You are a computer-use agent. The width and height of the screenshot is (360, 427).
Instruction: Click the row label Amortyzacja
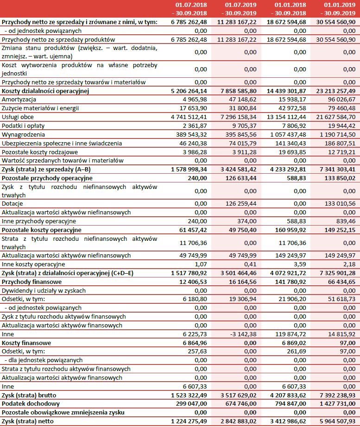click(x=19, y=100)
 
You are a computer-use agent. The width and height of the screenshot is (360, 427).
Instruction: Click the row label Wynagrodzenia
click(x=22, y=135)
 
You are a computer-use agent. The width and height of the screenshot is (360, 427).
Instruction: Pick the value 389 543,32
click(x=189, y=135)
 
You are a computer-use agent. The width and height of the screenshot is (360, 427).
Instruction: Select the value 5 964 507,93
click(x=334, y=421)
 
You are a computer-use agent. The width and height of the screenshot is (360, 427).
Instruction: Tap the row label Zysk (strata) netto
click(x=28, y=421)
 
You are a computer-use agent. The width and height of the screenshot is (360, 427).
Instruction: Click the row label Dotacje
click(x=13, y=203)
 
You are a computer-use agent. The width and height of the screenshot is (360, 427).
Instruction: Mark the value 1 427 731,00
click(x=334, y=404)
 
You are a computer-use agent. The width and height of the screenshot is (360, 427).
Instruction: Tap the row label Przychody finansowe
click(x=32, y=282)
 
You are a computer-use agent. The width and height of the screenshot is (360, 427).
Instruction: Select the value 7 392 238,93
click(x=334, y=395)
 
